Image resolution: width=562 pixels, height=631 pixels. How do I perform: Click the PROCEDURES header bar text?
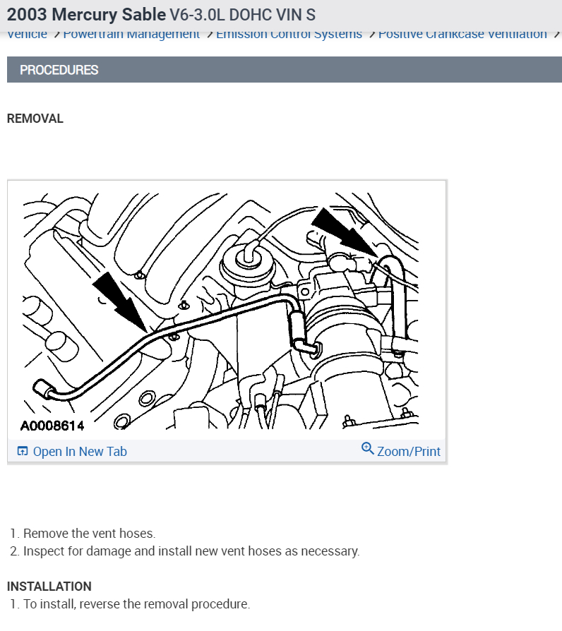(x=59, y=70)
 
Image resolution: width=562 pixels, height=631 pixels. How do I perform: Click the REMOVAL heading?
(x=35, y=119)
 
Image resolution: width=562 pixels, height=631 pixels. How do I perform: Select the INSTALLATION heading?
(x=49, y=587)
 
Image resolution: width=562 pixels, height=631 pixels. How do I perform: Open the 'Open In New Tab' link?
(x=80, y=452)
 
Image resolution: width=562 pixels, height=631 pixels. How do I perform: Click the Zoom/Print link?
(x=408, y=452)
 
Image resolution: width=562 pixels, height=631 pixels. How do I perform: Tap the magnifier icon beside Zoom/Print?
(x=367, y=450)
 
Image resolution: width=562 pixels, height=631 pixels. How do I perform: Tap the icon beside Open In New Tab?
(x=23, y=452)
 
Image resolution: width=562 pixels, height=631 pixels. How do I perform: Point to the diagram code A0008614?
(x=52, y=426)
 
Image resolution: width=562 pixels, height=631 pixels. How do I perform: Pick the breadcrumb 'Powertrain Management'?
(x=131, y=35)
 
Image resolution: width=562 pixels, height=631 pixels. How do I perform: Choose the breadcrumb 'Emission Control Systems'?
(x=289, y=35)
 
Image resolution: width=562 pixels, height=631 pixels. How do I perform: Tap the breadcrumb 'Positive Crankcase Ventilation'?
(x=462, y=35)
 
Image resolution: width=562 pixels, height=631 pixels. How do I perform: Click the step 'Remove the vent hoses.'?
(x=89, y=534)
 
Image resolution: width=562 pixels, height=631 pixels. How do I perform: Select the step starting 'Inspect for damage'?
(x=191, y=551)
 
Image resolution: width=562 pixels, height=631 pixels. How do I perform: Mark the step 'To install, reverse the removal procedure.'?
(x=136, y=605)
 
